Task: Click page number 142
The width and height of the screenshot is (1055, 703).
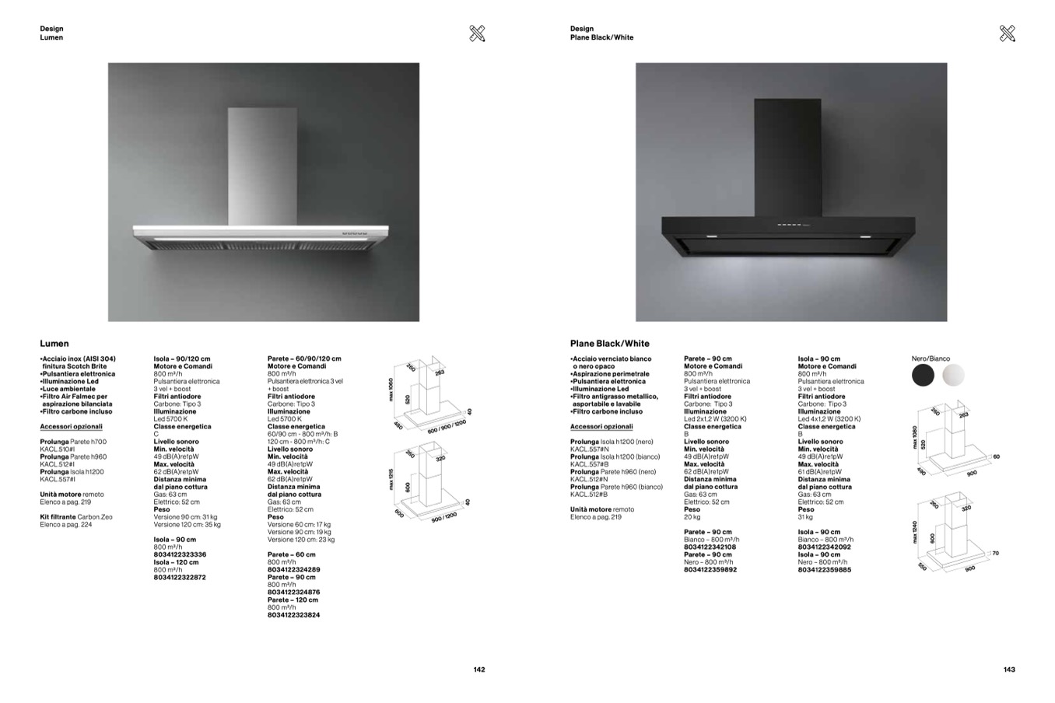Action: pyautogui.click(x=479, y=670)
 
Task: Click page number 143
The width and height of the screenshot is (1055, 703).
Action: pyautogui.click(x=1009, y=670)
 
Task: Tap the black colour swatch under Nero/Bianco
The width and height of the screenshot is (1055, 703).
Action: pyautogui.click(x=923, y=375)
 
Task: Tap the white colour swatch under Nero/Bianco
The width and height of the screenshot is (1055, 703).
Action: pyautogui.click(x=952, y=375)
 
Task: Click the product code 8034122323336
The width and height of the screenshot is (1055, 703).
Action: pyautogui.click(x=180, y=554)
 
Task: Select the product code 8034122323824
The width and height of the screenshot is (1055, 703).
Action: pyautogui.click(x=293, y=615)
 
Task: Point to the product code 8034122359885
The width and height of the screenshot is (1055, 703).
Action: pyautogui.click(x=824, y=570)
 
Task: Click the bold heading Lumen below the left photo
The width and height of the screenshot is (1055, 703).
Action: pyautogui.click(x=54, y=344)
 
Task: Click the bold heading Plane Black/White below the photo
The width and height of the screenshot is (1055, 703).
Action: pyautogui.click(x=609, y=344)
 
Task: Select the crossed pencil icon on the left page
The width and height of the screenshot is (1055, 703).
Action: pyautogui.click(x=478, y=33)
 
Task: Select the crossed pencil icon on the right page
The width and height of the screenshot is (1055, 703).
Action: pyautogui.click(x=1007, y=33)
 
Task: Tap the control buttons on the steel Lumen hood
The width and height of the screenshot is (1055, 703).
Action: pyautogui.click(x=355, y=233)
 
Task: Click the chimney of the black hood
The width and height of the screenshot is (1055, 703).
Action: pyautogui.click(x=787, y=156)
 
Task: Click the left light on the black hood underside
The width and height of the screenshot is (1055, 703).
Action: pyautogui.click(x=711, y=236)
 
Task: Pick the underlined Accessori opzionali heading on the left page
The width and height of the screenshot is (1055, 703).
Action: pyautogui.click(x=71, y=427)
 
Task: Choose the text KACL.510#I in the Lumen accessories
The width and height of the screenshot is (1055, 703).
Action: pyautogui.click(x=58, y=449)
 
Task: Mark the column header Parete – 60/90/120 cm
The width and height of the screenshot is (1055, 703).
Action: pyautogui.click(x=304, y=359)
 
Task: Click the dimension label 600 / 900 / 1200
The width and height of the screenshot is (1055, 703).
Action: pyautogui.click(x=447, y=426)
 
